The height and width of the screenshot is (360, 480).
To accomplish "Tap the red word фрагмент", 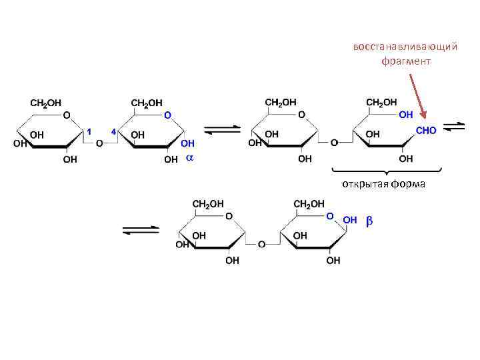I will [x=406, y=61].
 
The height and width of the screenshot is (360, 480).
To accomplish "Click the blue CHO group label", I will [x=426, y=131].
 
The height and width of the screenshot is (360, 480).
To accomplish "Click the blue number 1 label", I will [x=90, y=130].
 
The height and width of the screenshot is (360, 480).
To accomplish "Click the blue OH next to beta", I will [x=350, y=220].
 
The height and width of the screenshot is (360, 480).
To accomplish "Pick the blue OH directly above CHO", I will [x=405, y=115].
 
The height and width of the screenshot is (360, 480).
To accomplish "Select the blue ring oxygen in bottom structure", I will [x=329, y=216].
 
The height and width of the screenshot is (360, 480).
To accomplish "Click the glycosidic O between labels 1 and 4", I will [x=99, y=143].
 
